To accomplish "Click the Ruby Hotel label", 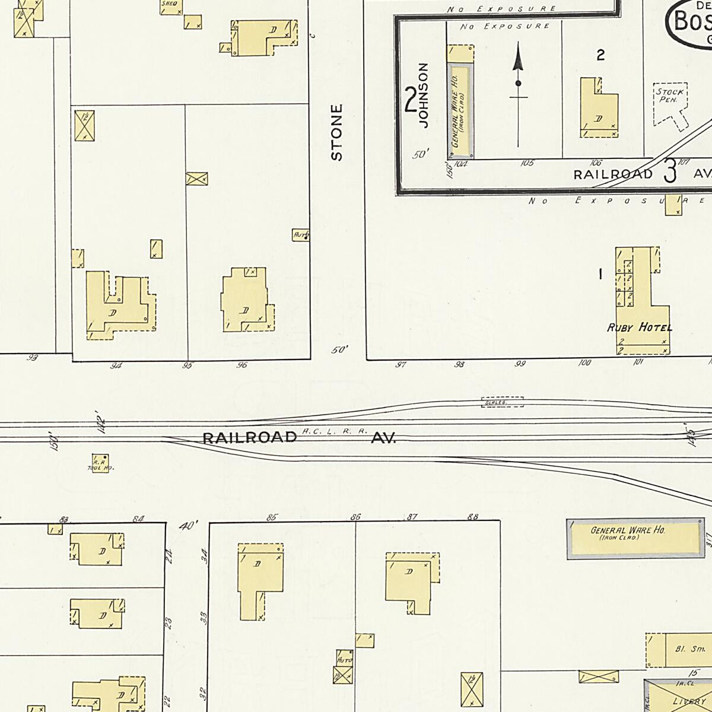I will coord(640,328).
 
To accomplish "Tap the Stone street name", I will coord(337,132).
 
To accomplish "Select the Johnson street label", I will coord(423,96).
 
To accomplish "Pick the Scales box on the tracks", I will coord(502,402).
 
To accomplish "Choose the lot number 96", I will coord(241,365).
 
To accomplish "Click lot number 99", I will coord(520,364).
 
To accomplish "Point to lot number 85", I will coord(272,517).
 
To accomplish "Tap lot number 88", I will coord(473,517).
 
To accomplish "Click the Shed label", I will coord(170,4).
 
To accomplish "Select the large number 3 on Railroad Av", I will coord(670,171).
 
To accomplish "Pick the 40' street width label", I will coord(189,525).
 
